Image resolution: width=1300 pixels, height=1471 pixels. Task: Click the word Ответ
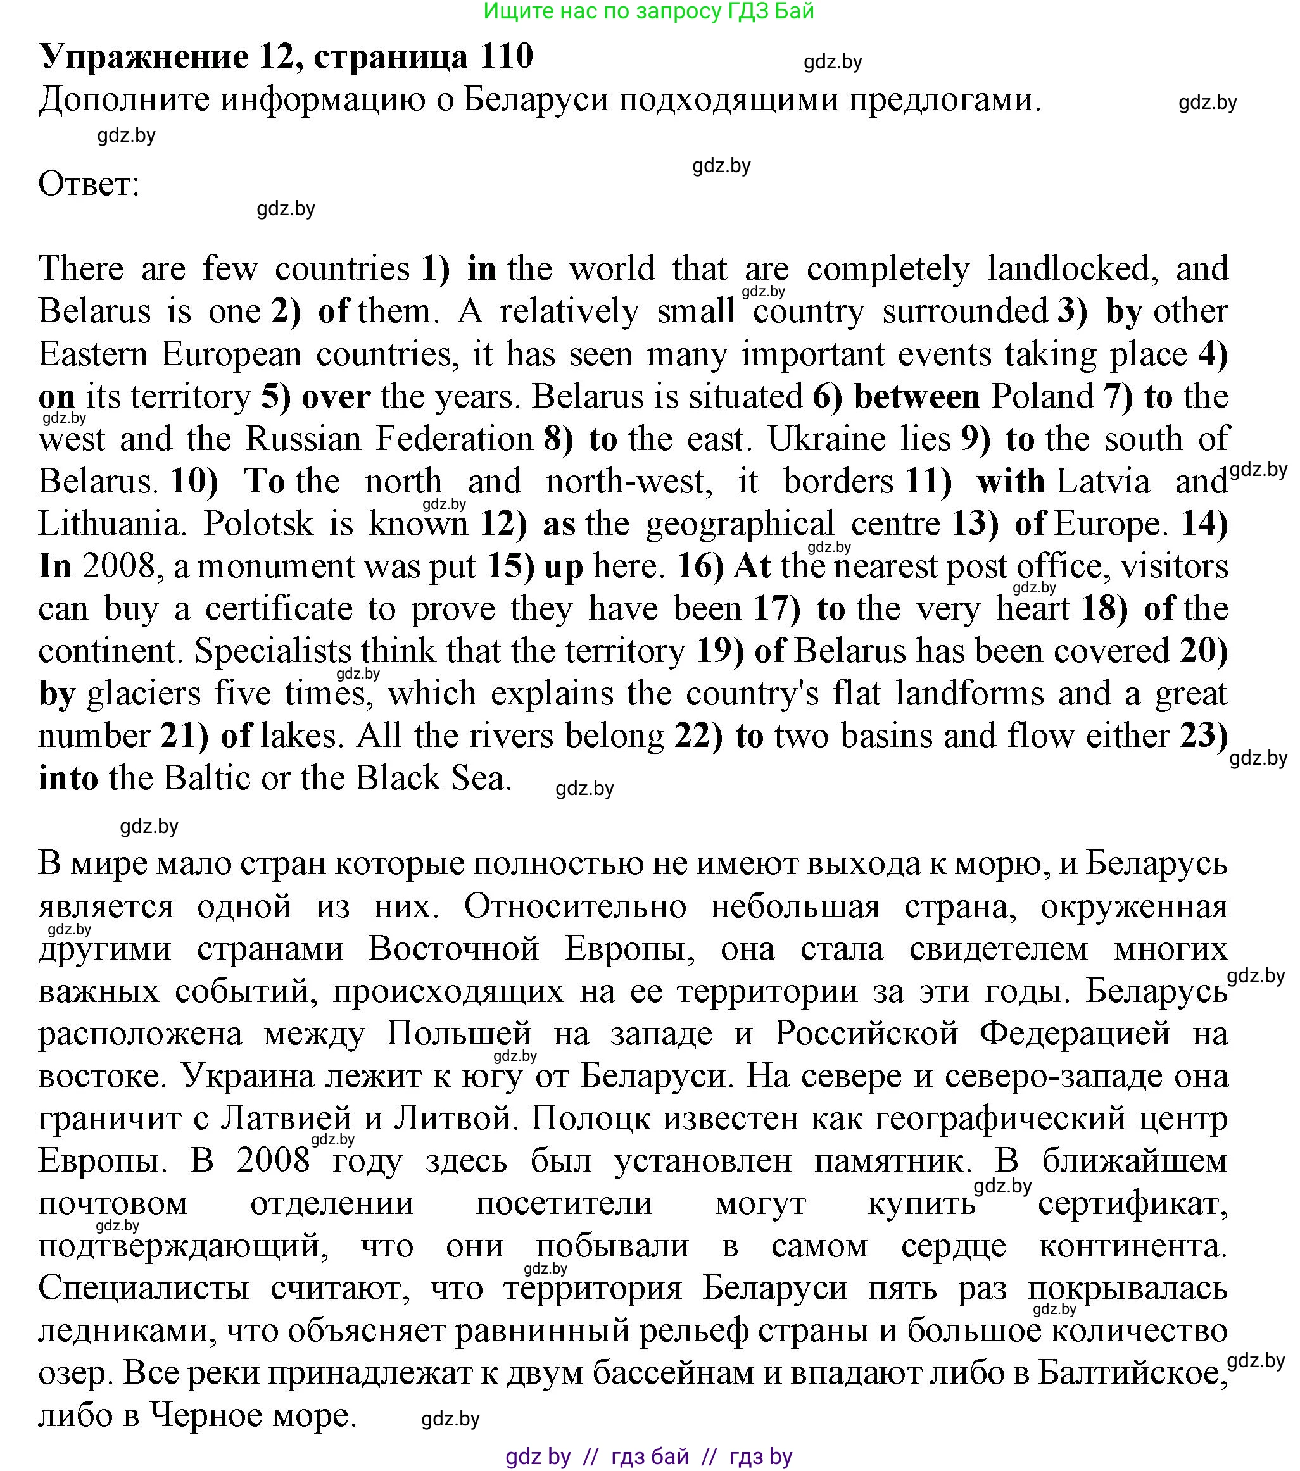point(88,184)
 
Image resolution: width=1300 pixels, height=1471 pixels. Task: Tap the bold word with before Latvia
point(1011,482)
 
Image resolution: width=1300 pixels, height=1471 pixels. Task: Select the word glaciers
point(142,694)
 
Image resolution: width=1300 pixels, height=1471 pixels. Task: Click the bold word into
point(68,779)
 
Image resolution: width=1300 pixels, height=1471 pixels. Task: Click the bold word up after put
point(564,566)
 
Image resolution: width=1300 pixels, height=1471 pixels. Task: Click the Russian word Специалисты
point(143,1287)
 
